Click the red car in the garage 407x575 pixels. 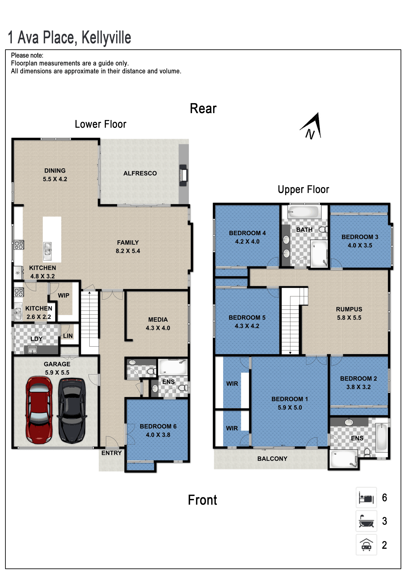click(39, 410)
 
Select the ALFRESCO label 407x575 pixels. click(140, 173)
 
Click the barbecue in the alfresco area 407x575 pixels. click(183, 175)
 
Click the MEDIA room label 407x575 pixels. click(158, 320)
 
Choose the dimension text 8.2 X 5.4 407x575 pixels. click(128, 251)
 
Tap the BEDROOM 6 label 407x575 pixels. click(158, 426)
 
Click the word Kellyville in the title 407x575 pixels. click(106, 37)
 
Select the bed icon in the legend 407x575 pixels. click(366, 497)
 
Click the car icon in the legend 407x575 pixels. click(366, 545)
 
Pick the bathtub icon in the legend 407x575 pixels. click(366, 521)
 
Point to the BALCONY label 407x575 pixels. click(272, 459)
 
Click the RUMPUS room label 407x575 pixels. click(349, 309)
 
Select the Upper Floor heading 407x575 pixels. click(304, 190)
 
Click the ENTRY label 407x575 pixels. click(112, 453)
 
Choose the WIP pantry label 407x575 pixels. click(63, 295)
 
